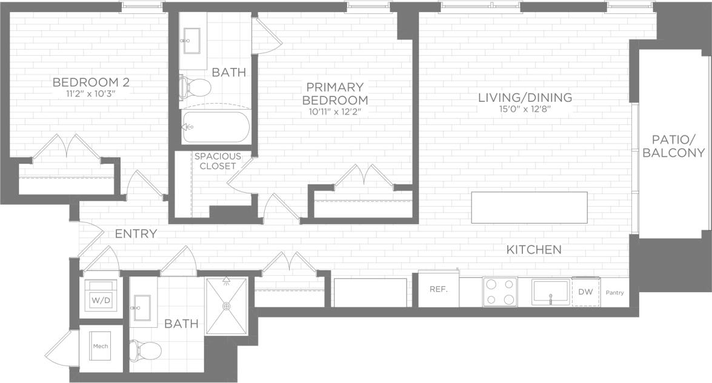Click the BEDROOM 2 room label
point(91,82)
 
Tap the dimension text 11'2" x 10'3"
point(91,94)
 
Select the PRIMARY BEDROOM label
point(335,93)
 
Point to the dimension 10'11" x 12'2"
point(335,111)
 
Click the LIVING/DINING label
point(525,97)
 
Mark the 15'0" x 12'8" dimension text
point(525,109)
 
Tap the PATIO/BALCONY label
point(673,145)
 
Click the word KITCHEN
point(534,249)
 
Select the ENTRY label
point(136,234)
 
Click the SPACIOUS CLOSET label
point(217,161)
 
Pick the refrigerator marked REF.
point(438,290)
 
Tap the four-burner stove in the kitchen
point(500,291)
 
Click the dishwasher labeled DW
point(585,292)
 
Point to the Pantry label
point(614,293)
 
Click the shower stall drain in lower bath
point(226,306)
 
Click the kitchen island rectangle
point(529,207)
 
